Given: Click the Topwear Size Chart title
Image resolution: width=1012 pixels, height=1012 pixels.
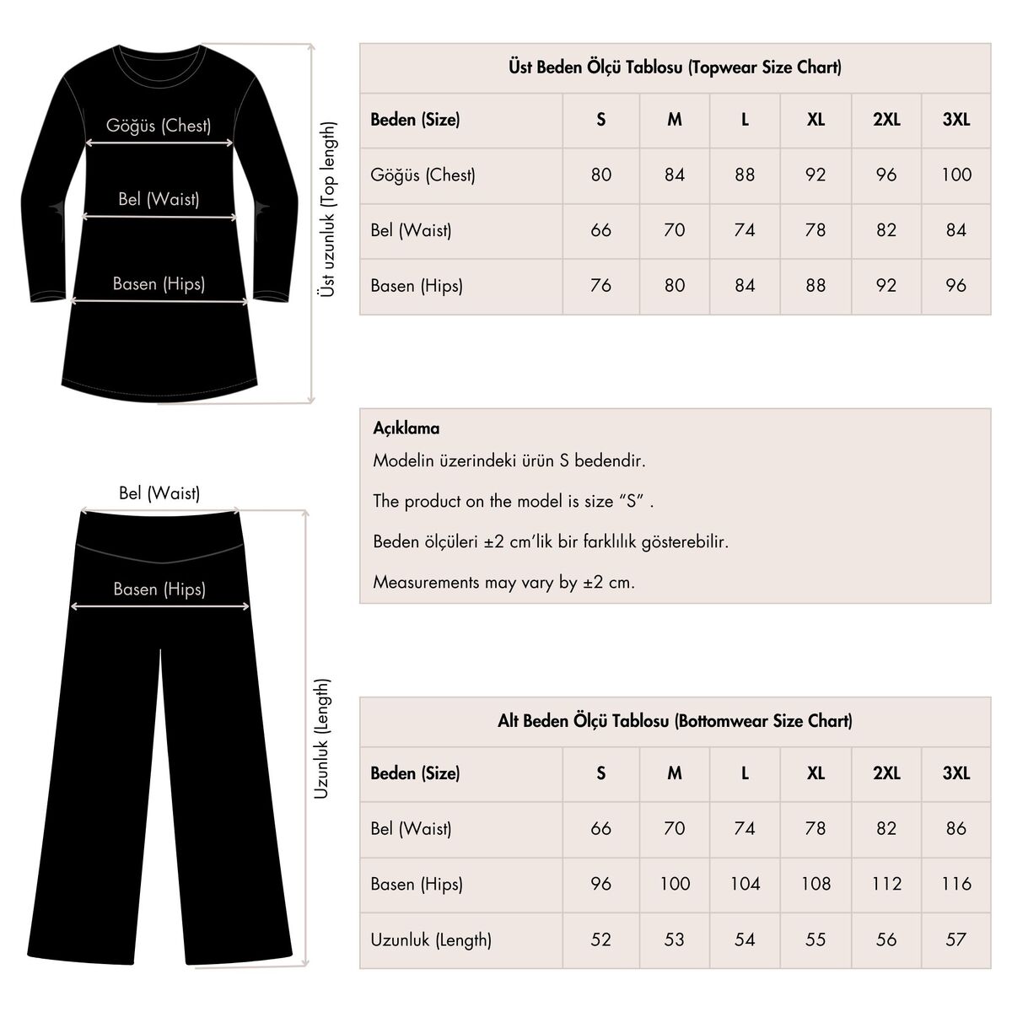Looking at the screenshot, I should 675,67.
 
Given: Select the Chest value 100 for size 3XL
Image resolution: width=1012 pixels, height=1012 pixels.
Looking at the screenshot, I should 956,175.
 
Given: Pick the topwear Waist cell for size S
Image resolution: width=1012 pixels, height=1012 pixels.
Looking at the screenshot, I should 600,230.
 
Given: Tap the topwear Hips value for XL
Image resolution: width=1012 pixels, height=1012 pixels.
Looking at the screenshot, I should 816,286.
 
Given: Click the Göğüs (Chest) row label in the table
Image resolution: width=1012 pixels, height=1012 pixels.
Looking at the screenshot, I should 423,175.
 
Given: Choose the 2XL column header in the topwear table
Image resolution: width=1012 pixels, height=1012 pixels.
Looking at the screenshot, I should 886,120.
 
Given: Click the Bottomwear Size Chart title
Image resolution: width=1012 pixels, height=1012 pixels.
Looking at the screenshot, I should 675,721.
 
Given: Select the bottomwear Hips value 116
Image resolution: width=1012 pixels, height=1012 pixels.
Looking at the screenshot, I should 956,884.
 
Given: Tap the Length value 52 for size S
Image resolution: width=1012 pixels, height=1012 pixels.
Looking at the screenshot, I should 600,939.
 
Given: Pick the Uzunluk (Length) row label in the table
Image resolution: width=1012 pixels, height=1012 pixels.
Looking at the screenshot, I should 431,939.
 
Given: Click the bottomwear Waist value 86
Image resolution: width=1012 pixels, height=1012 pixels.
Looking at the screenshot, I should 956,828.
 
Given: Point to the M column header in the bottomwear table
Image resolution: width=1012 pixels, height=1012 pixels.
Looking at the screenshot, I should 675,773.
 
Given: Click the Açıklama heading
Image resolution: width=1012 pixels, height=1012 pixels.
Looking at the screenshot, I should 406,428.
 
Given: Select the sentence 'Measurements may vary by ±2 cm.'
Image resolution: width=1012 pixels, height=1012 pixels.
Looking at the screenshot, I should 503,582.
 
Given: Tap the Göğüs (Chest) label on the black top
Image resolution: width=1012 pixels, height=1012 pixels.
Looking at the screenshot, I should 159,126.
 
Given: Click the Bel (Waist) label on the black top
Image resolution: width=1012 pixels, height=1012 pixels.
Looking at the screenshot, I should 159,200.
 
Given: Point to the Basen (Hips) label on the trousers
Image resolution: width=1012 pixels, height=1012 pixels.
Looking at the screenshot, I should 159,589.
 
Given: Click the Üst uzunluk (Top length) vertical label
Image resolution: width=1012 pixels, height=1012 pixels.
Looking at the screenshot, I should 328,209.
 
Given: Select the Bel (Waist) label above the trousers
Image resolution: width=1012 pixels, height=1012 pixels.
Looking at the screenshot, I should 159,493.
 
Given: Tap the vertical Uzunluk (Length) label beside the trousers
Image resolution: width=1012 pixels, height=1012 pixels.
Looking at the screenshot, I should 322,740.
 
